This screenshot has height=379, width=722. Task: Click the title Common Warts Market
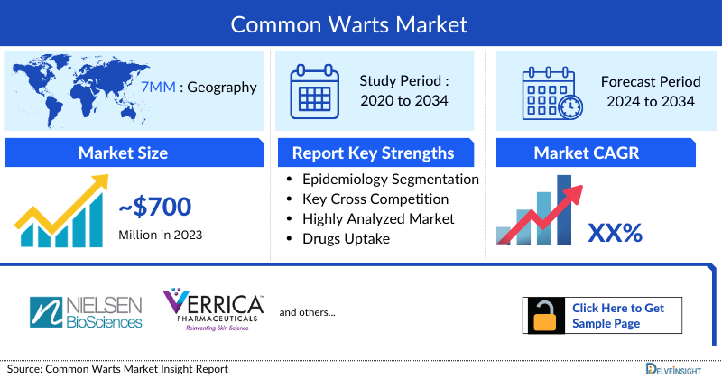pyautogui.click(x=361, y=23)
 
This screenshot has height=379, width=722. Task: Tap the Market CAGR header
pyautogui.click(x=598, y=153)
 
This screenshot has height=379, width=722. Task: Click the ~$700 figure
pyautogui.click(x=154, y=208)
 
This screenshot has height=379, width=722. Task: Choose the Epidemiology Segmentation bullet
pyautogui.click(x=390, y=179)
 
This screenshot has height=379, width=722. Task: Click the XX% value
pyautogui.click(x=615, y=233)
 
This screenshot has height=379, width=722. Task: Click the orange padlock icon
pyautogui.click(x=545, y=316)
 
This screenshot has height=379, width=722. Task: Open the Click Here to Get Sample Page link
pyautogui.click(x=617, y=316)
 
